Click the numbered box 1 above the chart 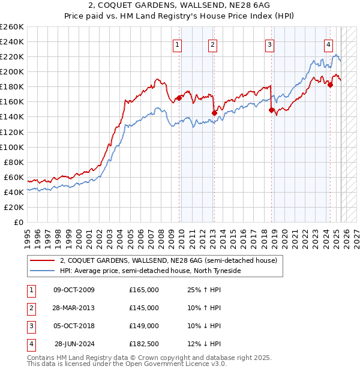coord(178,44)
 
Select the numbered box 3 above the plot coord(270,44)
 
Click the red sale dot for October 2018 coord(271,110)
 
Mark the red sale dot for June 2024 coord(330,85)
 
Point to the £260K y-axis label coord(12,27)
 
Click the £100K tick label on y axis coord(12,147)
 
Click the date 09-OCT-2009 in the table coord(74,290)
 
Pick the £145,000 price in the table coord(144,308)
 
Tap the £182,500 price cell coord(144,344)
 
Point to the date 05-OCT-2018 coord(74,326)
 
